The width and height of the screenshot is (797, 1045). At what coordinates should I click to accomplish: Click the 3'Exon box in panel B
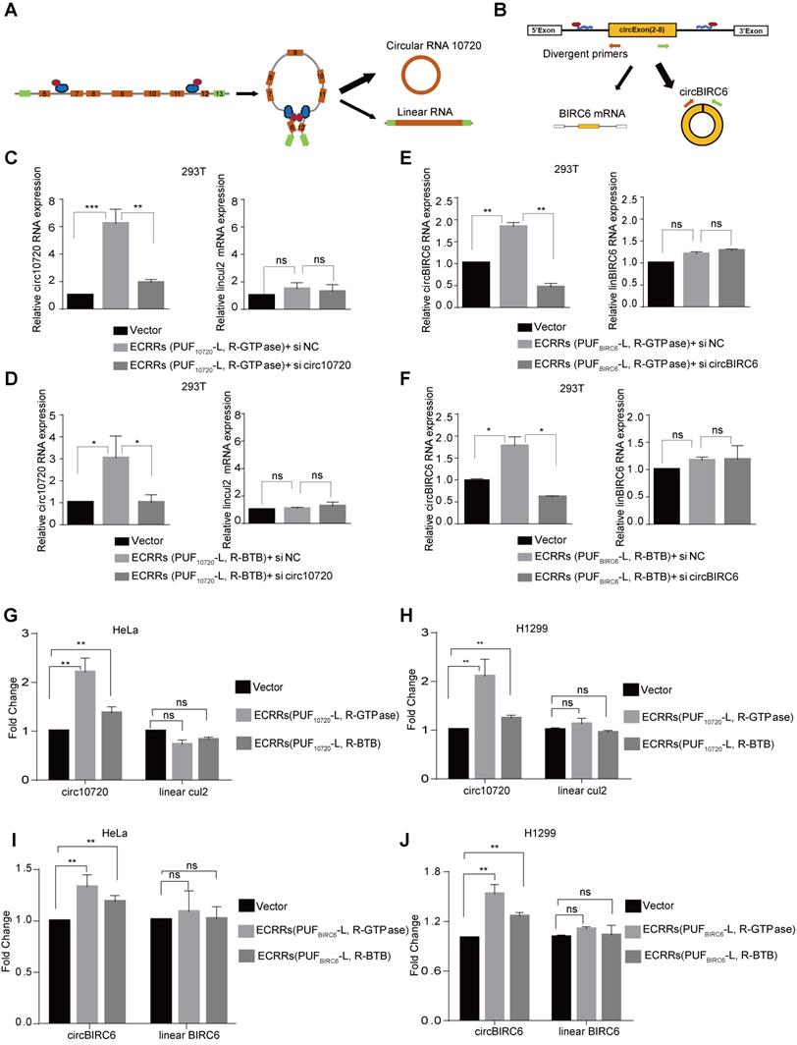[x=753, y=30]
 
